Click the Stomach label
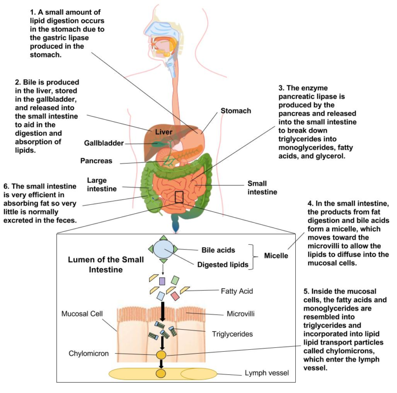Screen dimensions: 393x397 click(235, 111)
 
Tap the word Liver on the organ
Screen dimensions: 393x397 click(164, 132)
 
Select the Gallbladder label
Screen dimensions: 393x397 click(103, 143)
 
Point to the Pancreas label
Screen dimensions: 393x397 click(96, 161)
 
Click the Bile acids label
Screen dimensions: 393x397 click(219, 250)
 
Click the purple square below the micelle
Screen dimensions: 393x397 click(162, 281)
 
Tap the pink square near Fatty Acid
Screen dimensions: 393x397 click(175, 296)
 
